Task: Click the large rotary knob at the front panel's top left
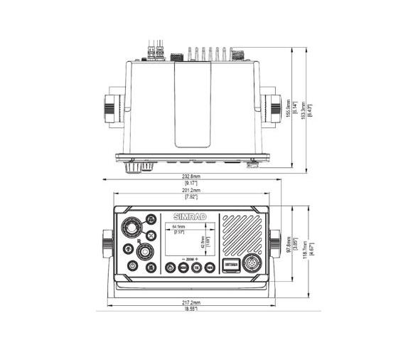coord(131,228)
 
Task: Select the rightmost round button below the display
coord(209,268)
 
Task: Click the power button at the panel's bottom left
coord(132,267)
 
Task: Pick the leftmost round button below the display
coord(171,268)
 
